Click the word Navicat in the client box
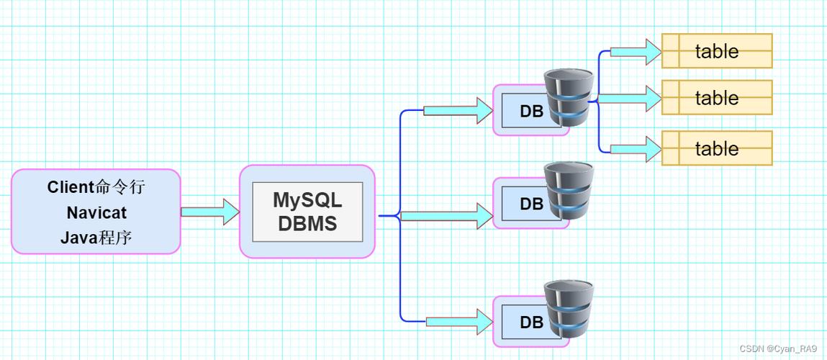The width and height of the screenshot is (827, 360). pos(96,212)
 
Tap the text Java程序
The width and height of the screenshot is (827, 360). pos(96,238)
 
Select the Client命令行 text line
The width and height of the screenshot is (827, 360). pos(96,187)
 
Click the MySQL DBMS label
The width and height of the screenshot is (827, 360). pos(307,212)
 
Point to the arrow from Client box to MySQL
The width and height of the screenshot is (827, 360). pos(209,212)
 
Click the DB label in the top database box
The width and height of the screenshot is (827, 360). pos(531,112)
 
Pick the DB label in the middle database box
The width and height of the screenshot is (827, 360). pos(531,204)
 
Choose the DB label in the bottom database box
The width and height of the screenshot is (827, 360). pos(531,322)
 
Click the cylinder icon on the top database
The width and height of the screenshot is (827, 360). pos(569,97)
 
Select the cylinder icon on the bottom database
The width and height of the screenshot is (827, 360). pos(569,307)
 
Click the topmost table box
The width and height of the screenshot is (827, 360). pos(717,51)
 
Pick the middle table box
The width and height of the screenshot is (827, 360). pos(717,98)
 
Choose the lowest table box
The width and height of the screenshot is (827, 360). pos(717,148)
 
